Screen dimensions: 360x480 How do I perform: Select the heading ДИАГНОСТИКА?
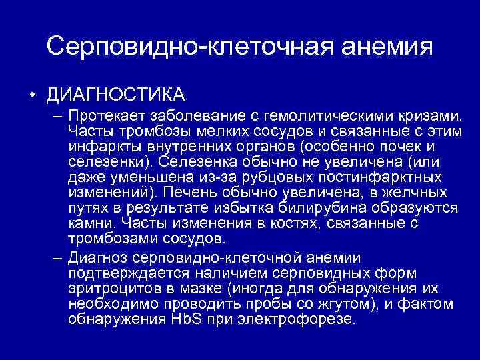coord(115,92)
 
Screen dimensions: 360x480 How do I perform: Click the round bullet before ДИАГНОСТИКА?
coord(32,92)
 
